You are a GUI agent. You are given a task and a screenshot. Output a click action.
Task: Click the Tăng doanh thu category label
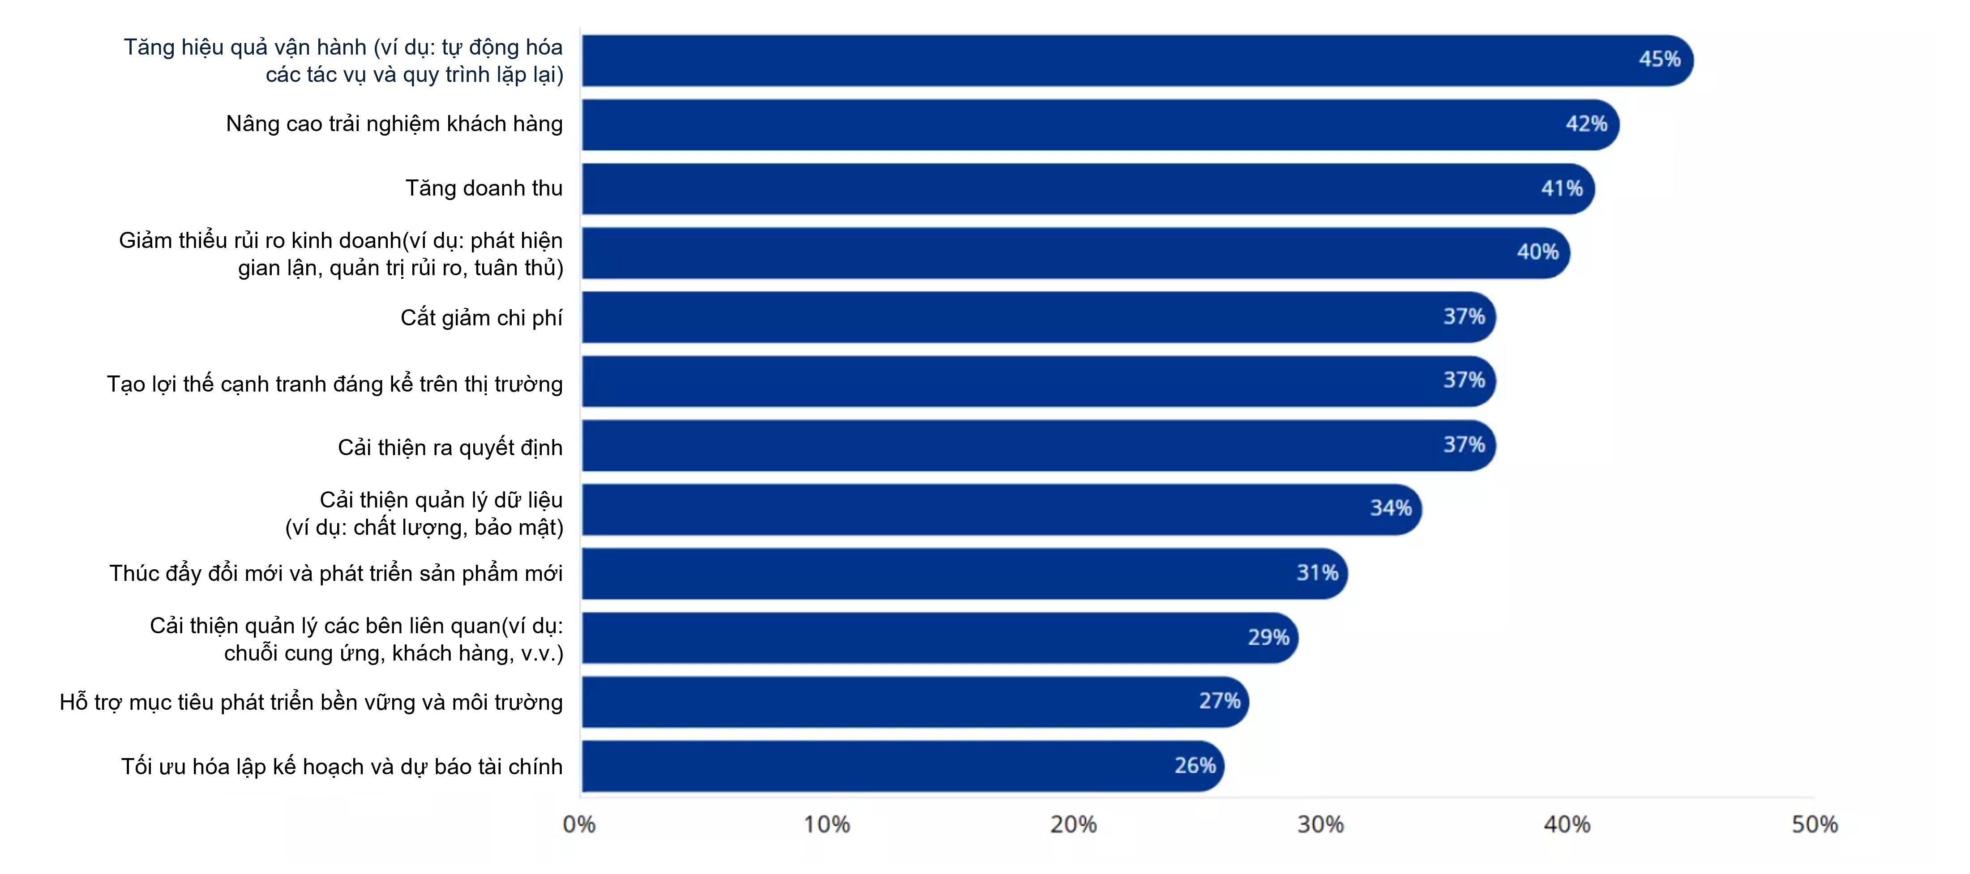click(484, 188)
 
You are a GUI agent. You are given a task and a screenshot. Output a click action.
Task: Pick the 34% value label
click(1390, 508)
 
